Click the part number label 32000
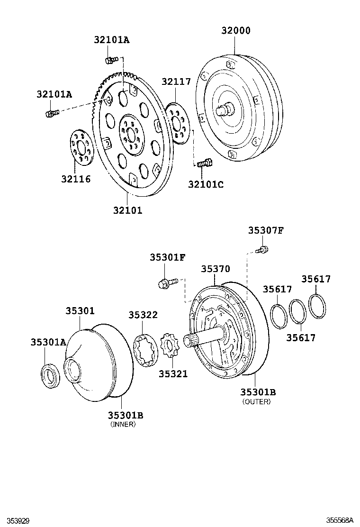click(235, 31)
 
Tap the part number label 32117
click(176, 82)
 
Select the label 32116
click(75, 179)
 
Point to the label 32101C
click(205, 184)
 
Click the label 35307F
click(266, 230)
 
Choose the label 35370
click(215, 269)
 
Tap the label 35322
click(143, 315)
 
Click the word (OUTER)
click(256, 401)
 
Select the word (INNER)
click(123, 424)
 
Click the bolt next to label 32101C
click(204, 164)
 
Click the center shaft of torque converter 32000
click(224, 110)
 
